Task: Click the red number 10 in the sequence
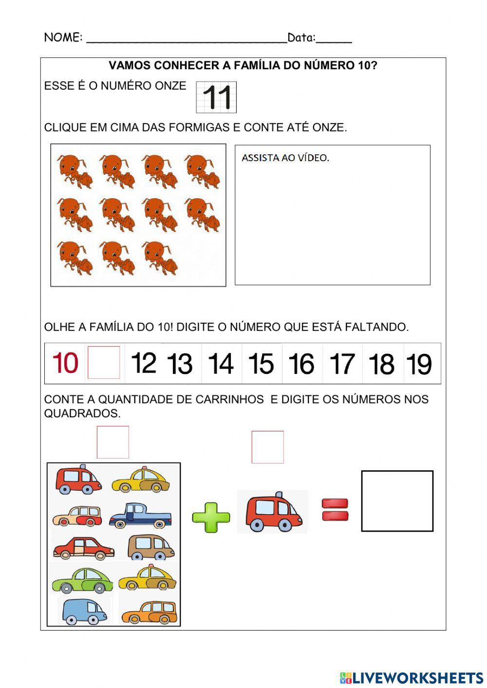(x=65, y=363)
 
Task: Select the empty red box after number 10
(x=104, y=363)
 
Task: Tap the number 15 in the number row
(x=261, y=364)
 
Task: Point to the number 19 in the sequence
(x=419, y=364)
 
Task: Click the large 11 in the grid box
(x=217, y=97)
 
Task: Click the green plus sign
(x=211, y=516)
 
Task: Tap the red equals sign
(x=335, y=510)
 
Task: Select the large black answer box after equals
(x=397, y=501)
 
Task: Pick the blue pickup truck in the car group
(x=140, y=516)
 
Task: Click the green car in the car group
(x=82, y=579)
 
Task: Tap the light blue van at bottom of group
(x=83, y=611)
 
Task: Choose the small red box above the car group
(x=113, y=442)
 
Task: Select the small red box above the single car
(x=267, y=447)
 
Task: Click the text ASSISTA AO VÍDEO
(x=285, y=158)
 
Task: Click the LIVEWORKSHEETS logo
(x=412, y=677)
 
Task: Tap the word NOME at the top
(x=63, y=37)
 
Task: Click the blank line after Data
(x=334, y=39)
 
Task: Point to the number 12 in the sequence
(x=144, y=363)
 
